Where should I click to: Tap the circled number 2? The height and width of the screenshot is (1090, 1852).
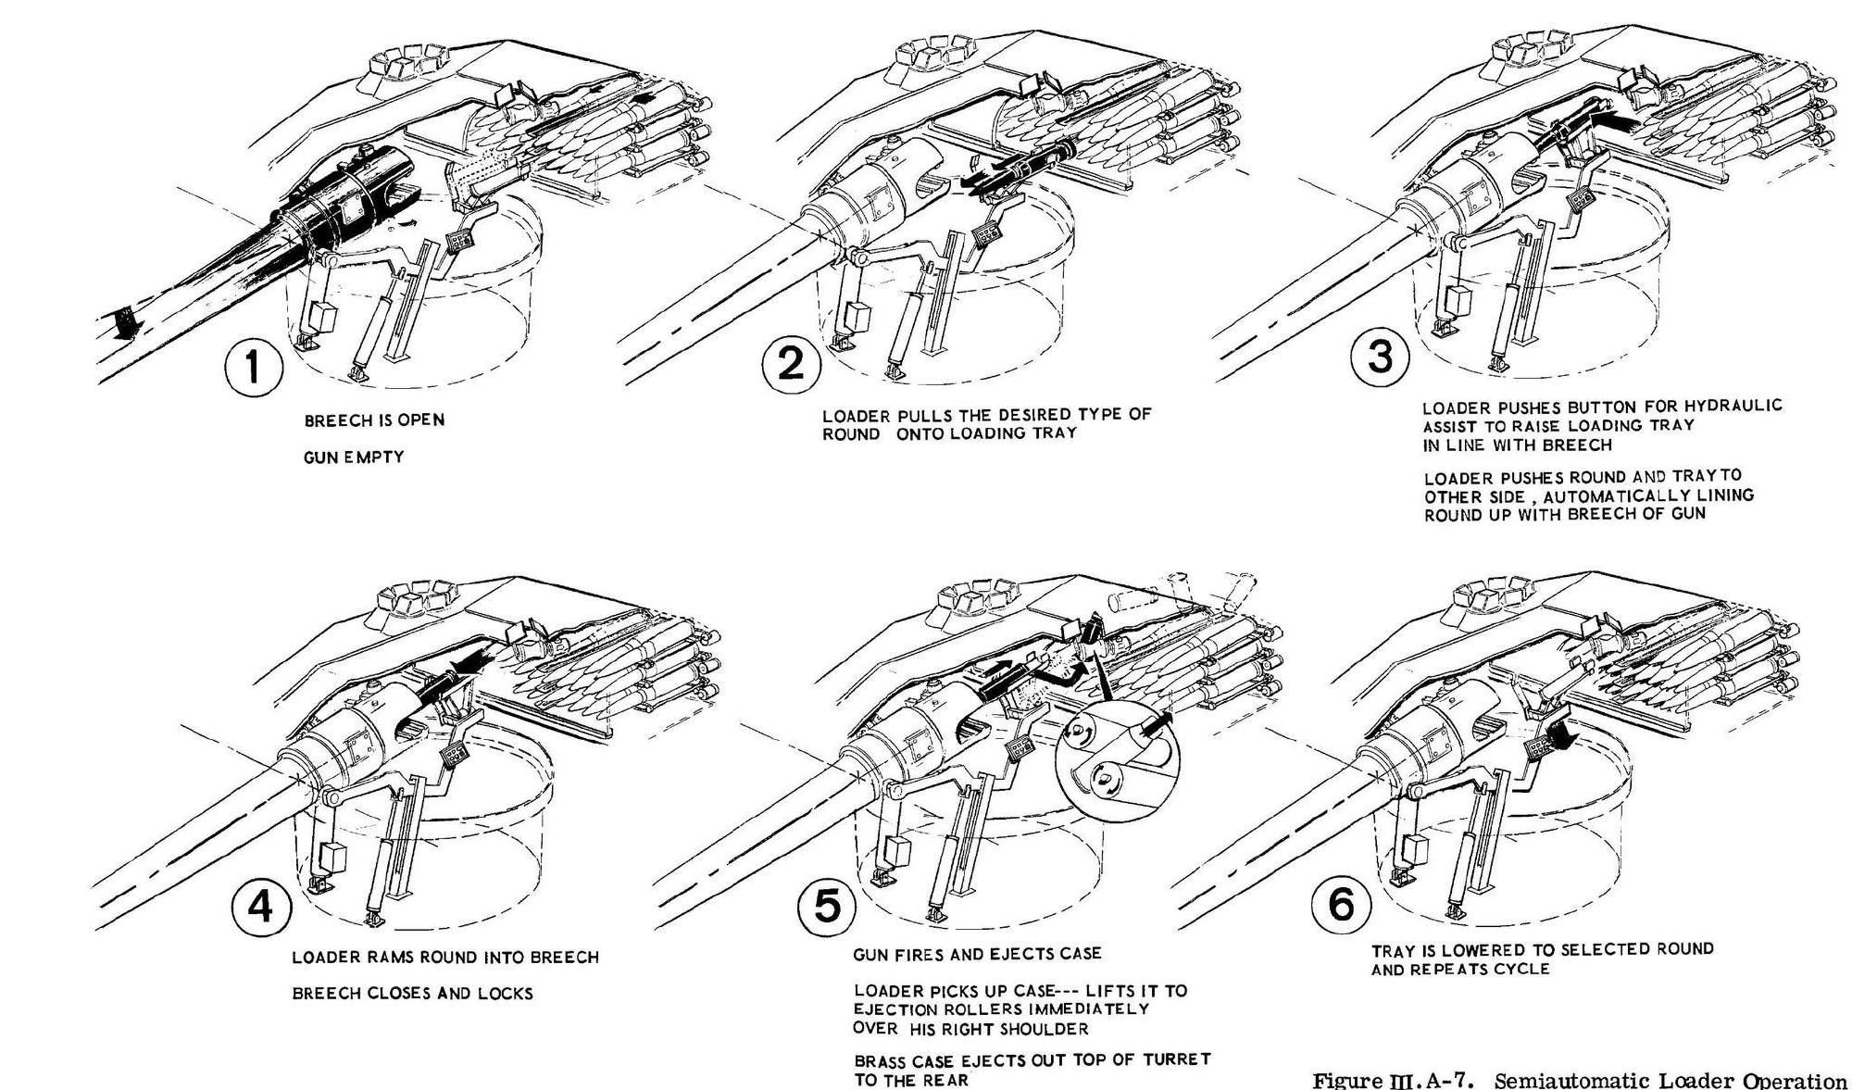point(791,364)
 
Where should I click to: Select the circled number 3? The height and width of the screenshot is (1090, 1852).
point(1380,357)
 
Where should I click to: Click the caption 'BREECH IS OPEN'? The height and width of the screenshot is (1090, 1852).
point(374,420)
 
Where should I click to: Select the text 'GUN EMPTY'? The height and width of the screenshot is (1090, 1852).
point(354,457)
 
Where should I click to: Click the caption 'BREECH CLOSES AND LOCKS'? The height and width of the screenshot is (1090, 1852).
point(412,994)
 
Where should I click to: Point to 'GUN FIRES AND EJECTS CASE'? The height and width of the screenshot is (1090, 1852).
point(977,953)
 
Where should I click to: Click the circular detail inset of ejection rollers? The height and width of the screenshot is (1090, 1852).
point(1118,759)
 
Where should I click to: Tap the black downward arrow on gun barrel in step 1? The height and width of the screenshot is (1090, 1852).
point(121,326)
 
